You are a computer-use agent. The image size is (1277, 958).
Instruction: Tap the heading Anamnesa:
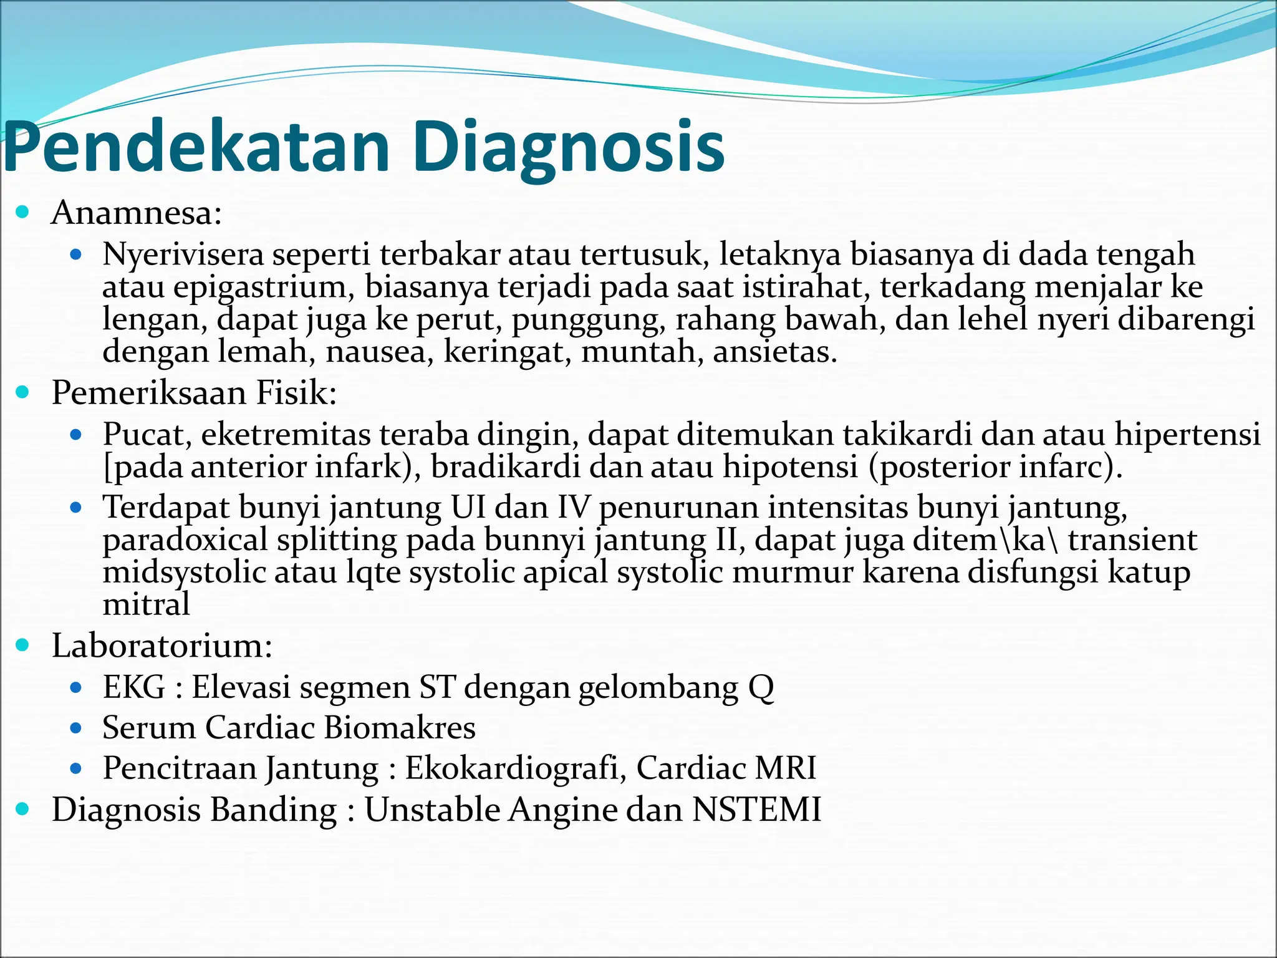[x=137, y=213]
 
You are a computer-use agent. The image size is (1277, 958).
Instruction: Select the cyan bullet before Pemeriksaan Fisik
[x=23, y=392]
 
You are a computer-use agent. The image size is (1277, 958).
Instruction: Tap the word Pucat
[x=147, y=434]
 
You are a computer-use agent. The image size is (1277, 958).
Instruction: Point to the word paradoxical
[x=185, y=540]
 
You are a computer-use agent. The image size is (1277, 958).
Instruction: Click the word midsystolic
[x=184, y=572]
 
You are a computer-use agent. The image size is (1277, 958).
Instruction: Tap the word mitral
[x=146, y=604]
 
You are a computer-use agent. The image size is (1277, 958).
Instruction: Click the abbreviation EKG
[x=134, y=687]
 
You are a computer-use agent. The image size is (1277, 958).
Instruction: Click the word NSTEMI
[x=756, y=810]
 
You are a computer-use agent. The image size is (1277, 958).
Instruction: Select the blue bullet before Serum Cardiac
[x=76, y=728]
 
